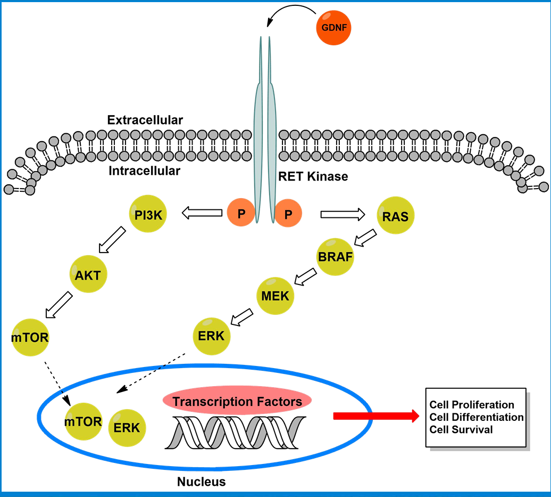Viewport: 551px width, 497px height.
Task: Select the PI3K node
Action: pyautogui.click(x=148, y=214)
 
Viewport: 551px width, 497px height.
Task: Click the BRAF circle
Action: pyautogui.click(x=335, y=257)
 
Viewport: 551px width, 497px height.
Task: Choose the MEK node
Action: pyautogui.click(x=276, y=295)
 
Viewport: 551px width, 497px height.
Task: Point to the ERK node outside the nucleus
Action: pyautogui.click(x=211, y=336)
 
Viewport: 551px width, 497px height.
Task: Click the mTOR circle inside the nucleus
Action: pyautogui.click(x=83, y=421)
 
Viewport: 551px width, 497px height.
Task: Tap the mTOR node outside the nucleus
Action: pyautogui.click(x=30, y=337)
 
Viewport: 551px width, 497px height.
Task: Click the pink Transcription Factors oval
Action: pyautogui.click(x=237, y=401)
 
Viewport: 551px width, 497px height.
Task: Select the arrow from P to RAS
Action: pyautogui.click(x=343, y=214)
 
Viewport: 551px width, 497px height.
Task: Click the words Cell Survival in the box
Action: pyautogui.click(x=461, y=429)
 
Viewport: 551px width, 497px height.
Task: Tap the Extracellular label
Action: pyautogui.click(x=145, y=120)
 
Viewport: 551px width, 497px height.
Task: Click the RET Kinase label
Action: pyautogui.click(x=313, y=176)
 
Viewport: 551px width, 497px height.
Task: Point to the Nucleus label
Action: pyautogui.click(x=201, y=482)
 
